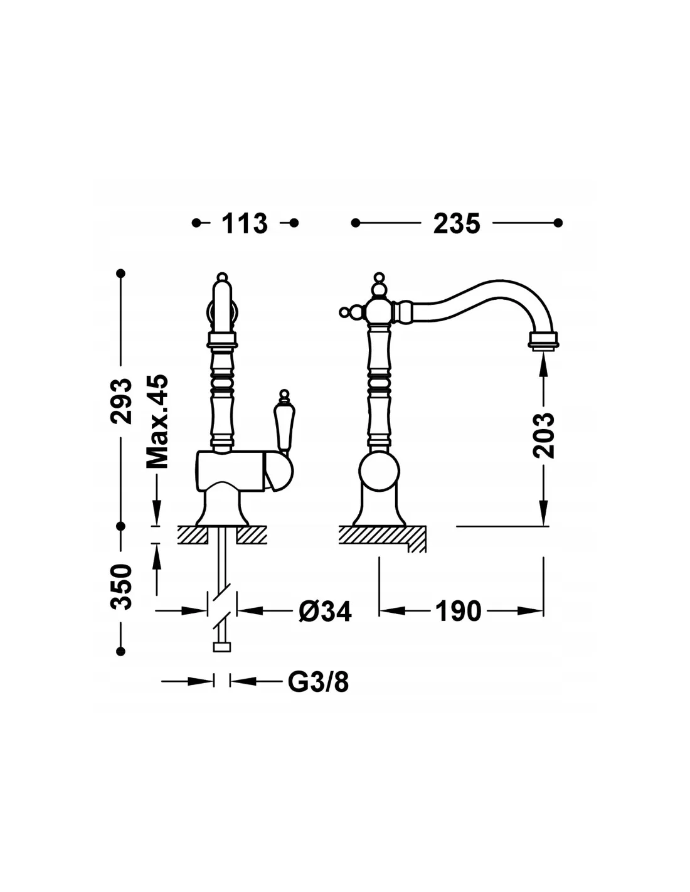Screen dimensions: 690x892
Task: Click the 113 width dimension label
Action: point(245,224)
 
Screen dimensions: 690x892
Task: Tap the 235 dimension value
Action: point(457,224)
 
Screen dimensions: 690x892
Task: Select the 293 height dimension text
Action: point(121,401)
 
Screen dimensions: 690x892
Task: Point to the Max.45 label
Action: point(157,421)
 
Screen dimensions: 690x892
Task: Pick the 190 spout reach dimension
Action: point(458,611)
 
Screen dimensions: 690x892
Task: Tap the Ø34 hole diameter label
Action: point(325,612)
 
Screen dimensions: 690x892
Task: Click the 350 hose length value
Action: point(122,587)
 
